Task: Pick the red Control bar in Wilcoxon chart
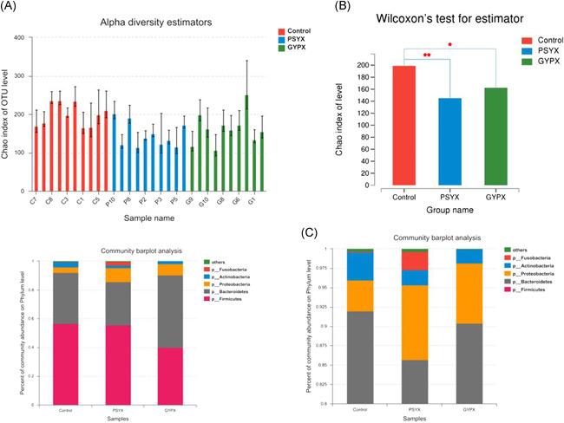click(x=404, y=126)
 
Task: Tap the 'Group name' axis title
click(x=449, y=209)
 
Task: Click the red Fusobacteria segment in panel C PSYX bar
click(x=415, y=261)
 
